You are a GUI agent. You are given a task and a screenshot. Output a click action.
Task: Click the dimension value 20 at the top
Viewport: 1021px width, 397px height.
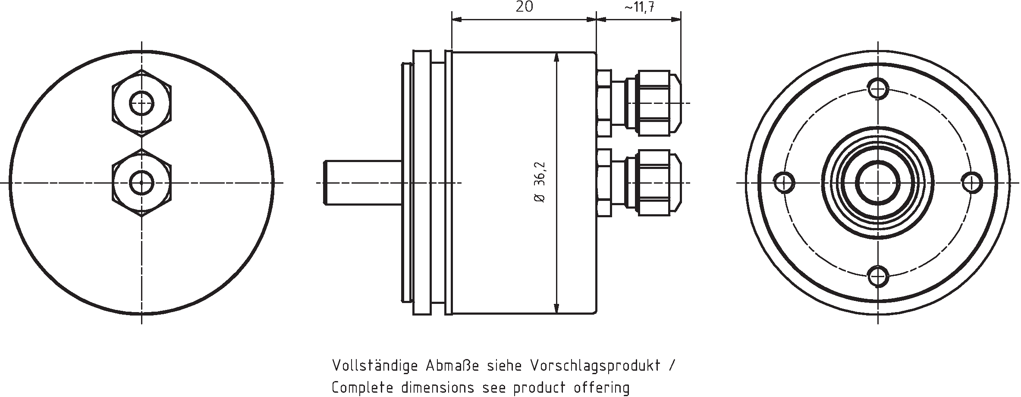(x=524, y=7)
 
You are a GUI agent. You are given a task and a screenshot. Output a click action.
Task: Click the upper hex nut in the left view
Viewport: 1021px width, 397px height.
(x=141, y=103)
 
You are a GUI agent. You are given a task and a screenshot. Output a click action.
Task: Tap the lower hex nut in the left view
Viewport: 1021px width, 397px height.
(x=141, y=182)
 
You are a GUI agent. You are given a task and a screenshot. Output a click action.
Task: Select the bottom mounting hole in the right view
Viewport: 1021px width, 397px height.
(x=878, y=276)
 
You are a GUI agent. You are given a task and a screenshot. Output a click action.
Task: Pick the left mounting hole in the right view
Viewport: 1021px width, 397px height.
(x=785, y=183)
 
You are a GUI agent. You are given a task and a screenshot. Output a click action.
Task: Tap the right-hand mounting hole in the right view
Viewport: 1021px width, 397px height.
(x=971, y=183)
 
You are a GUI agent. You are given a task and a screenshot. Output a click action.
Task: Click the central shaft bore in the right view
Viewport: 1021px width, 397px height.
(x=878, y=183)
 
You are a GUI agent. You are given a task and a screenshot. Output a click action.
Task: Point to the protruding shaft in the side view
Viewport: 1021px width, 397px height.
(x=362, y=183)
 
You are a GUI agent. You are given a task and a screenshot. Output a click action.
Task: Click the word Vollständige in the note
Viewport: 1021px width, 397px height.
(x=374, y=366)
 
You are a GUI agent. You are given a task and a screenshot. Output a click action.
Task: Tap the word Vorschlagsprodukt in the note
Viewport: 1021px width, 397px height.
(x=595, y=366)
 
